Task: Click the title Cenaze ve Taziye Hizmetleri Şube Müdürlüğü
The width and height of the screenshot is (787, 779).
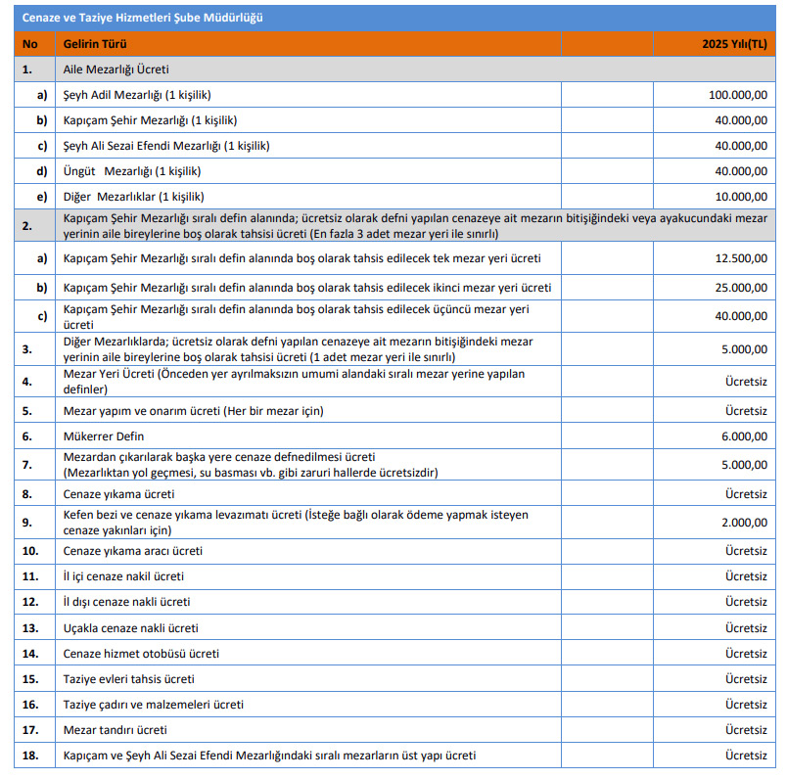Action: point(141,18)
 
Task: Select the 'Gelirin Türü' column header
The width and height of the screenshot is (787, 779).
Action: point(95,44)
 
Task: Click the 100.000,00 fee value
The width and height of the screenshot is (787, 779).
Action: point(738,95)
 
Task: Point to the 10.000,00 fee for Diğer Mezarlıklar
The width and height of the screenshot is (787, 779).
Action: point(741,196)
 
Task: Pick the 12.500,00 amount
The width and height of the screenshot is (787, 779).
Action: point(741,258)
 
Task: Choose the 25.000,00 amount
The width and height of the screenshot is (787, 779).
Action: point(741,288)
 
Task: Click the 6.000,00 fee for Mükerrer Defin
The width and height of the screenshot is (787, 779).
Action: point(744,436)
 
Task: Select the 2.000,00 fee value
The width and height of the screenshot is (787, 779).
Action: point(744,524)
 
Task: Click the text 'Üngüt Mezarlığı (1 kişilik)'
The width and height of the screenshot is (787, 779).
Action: point(131,170)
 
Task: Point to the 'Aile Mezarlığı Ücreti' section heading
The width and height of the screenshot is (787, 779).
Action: point(116,69)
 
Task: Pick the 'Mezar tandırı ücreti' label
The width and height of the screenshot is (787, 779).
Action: point(115,729)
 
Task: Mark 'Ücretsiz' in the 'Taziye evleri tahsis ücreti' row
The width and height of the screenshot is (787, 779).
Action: point(746,678)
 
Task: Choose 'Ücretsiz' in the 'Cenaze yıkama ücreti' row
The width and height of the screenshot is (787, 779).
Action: point(746,494)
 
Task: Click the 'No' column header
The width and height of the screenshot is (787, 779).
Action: point(29,44)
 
